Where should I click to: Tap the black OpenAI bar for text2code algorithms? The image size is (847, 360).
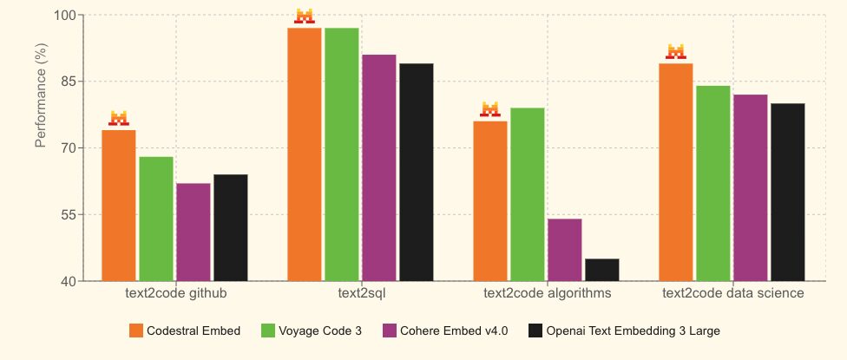pos(602,270)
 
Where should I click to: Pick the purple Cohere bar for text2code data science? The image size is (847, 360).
pos(750,187)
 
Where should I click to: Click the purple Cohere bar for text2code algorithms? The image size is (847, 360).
pos(564,250)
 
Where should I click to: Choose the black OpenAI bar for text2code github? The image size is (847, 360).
pos(231,227)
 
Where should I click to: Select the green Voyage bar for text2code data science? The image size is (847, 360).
pos(712,183)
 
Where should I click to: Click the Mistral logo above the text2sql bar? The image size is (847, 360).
pos(305,16)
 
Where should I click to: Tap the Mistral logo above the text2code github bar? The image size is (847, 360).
pos(119,118)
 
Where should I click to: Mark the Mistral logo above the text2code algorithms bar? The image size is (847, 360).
pos(490,109)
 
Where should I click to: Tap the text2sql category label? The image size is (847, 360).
pos(361,294)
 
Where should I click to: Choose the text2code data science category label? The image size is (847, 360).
pos(732,294)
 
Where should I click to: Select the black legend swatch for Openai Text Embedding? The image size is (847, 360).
pos(535,331)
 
